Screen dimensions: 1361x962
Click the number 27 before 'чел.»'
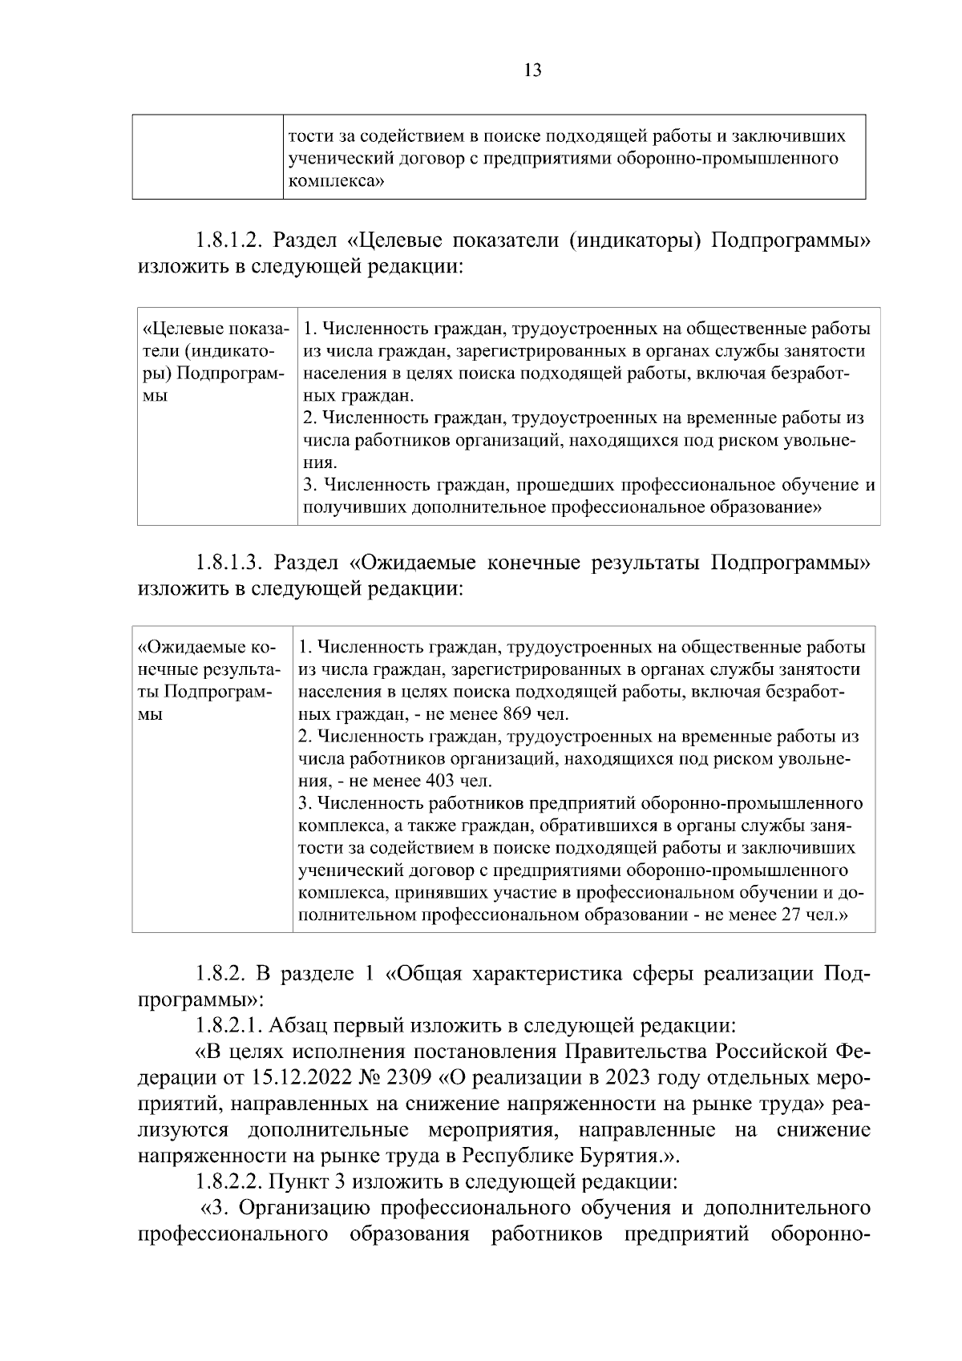790,914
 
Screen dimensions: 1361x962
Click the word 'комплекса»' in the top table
335,182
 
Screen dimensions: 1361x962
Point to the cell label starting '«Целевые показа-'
214,329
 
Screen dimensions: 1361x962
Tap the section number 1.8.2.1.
228,1025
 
